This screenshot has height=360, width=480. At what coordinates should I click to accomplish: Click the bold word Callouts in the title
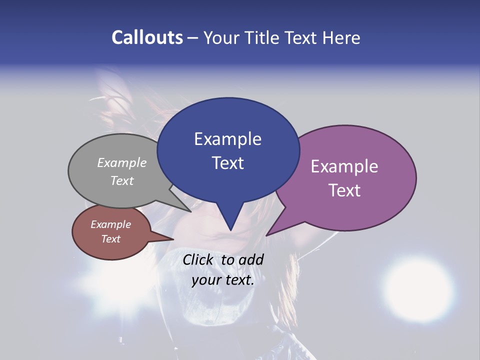(x=147, y=37)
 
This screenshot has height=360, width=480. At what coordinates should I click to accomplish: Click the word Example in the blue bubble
(x=227, y=139)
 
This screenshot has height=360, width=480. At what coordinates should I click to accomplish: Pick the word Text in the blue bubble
(x=227, y=163)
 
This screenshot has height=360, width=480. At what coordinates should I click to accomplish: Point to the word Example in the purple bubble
(x=344, y=166)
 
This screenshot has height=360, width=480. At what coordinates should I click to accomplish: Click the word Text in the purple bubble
(x=344, y=190)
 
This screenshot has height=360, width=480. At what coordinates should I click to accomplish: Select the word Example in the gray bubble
(x=122, y=163)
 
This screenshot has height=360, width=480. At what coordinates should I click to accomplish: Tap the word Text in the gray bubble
(x=122, y=180)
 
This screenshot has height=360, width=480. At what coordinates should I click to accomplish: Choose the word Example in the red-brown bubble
(x=110, y=224)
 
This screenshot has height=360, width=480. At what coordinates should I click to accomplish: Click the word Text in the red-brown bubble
(x=110, y=239)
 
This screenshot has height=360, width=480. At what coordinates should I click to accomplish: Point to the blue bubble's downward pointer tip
(x=230, y=229)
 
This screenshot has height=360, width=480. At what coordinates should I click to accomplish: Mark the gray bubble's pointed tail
(x=190, y=211)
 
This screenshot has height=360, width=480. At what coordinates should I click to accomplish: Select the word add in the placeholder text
(x=251, y=259)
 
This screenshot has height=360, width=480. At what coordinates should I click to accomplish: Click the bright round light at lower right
(x=414, y=284)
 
